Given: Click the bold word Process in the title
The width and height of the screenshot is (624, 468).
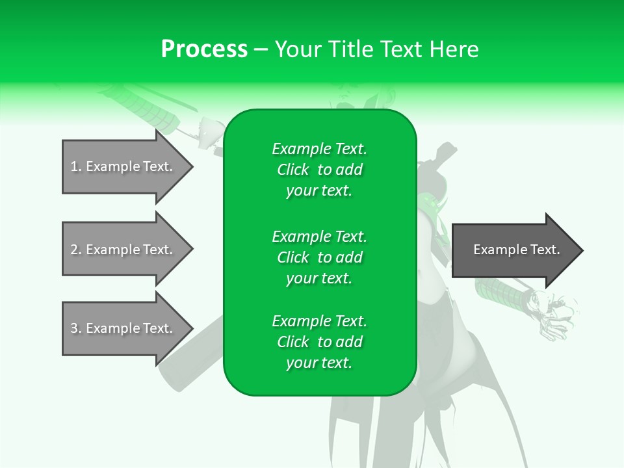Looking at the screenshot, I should click(204, 49).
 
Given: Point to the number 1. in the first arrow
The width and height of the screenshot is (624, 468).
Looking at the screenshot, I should click(75, 166).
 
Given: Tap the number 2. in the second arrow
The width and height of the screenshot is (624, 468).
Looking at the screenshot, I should click(75, 250).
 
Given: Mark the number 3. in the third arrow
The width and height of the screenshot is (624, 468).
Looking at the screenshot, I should click(75, 328).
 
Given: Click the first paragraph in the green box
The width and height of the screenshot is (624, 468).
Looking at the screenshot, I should click(319, 170).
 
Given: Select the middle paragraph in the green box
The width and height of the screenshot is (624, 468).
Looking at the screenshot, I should click(319, 257).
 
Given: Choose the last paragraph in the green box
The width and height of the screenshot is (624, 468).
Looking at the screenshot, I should click(319, 342).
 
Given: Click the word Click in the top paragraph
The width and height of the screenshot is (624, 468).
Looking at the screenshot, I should click(293, 170).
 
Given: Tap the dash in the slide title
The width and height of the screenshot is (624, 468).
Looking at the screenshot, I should click(261, 49).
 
